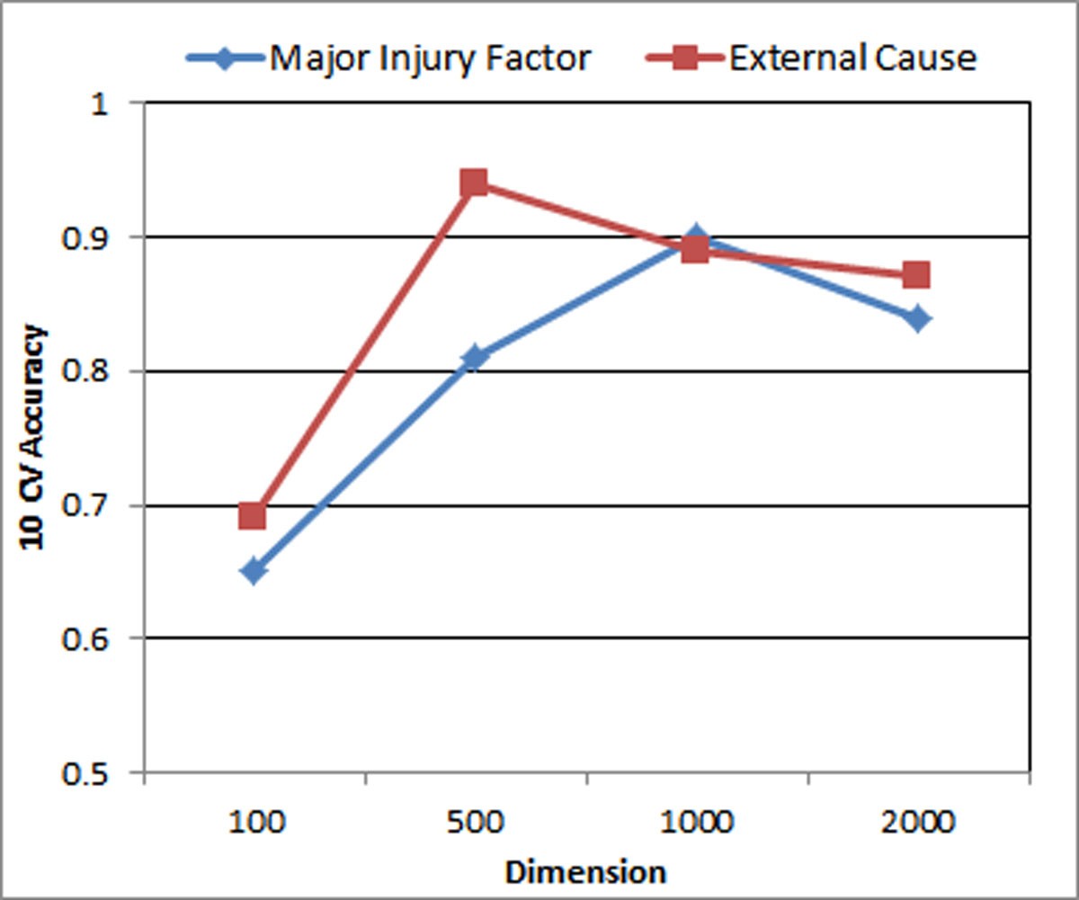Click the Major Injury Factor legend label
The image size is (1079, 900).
point(431,58)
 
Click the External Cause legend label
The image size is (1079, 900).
point(852,58)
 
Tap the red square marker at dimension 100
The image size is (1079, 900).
point(254,516)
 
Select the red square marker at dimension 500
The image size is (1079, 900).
point(474,183)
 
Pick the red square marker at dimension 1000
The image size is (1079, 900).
point(695,250)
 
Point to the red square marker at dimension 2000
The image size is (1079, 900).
point(916,274)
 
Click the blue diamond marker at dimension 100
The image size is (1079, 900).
point(254,571)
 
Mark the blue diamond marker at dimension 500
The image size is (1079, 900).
point(474,357)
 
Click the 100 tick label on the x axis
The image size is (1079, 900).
point(254,823)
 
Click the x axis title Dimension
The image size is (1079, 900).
point(586,872)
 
